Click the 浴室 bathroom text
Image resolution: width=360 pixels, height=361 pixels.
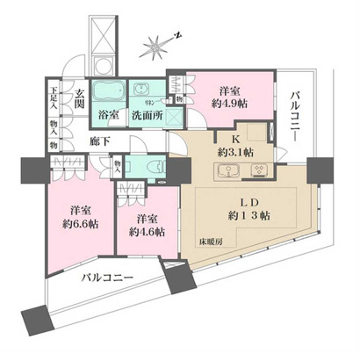[x=109, y=114]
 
